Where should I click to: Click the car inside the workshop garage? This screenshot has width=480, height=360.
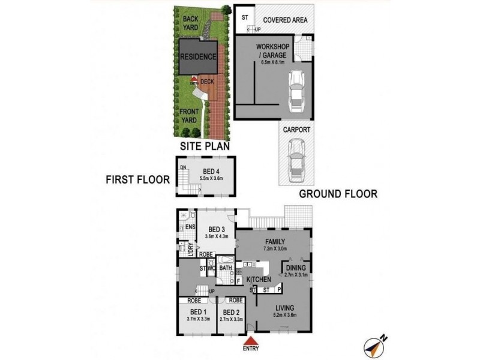tap(296, 91)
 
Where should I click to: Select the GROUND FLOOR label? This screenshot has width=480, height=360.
tap(338, 194)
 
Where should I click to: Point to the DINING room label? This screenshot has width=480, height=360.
tap(296, 268)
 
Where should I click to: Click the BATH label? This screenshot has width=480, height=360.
tap(226, 268)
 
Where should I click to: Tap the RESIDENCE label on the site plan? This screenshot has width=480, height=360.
tap(198, 57)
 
